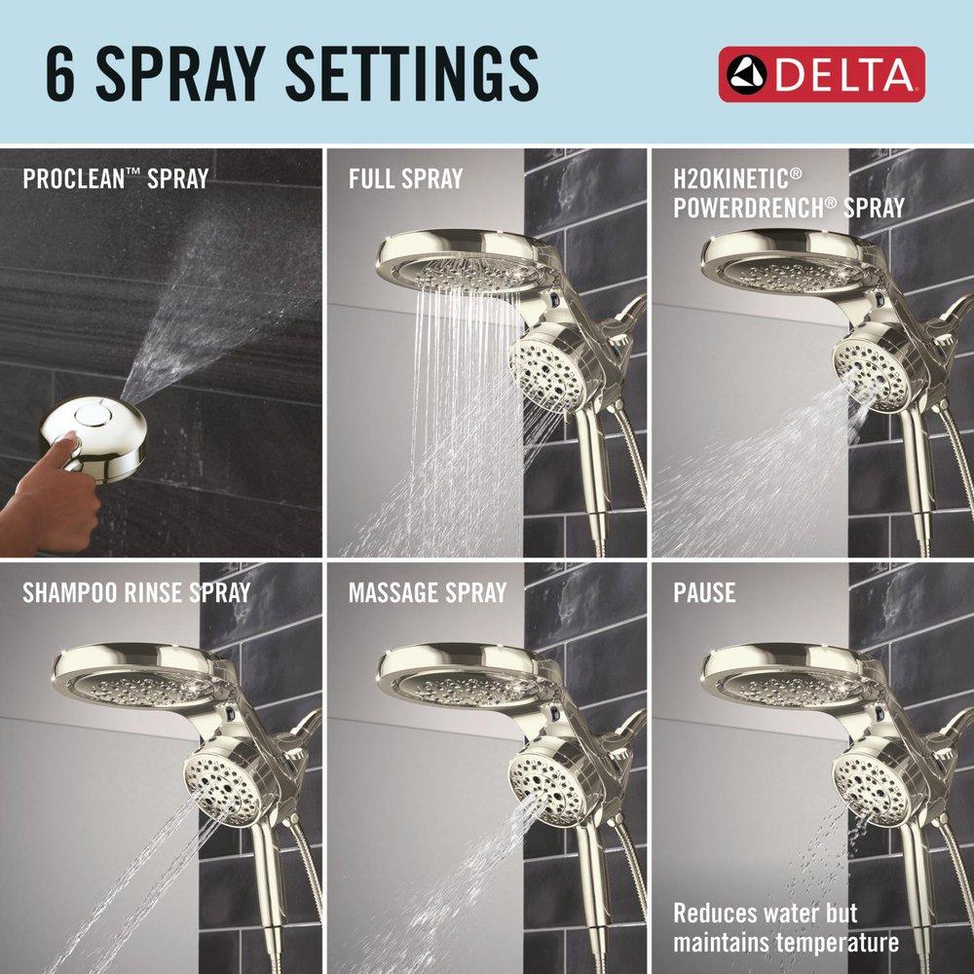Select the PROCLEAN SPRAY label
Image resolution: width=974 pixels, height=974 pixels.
[x=116, y=179]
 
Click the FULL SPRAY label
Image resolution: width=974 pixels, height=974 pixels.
[x=406, y=179]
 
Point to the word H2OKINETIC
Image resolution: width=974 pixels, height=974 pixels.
[x=736, y=178]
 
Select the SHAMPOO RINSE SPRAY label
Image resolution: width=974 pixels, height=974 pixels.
[x=136, y=592]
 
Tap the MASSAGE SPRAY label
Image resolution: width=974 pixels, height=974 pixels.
[x=428, y=592]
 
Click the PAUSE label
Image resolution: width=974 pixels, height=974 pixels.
[x=704, y=592]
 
